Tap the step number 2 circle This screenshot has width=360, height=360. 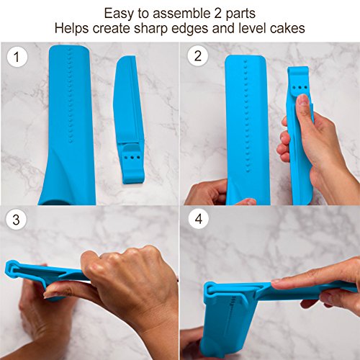point(198,57)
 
